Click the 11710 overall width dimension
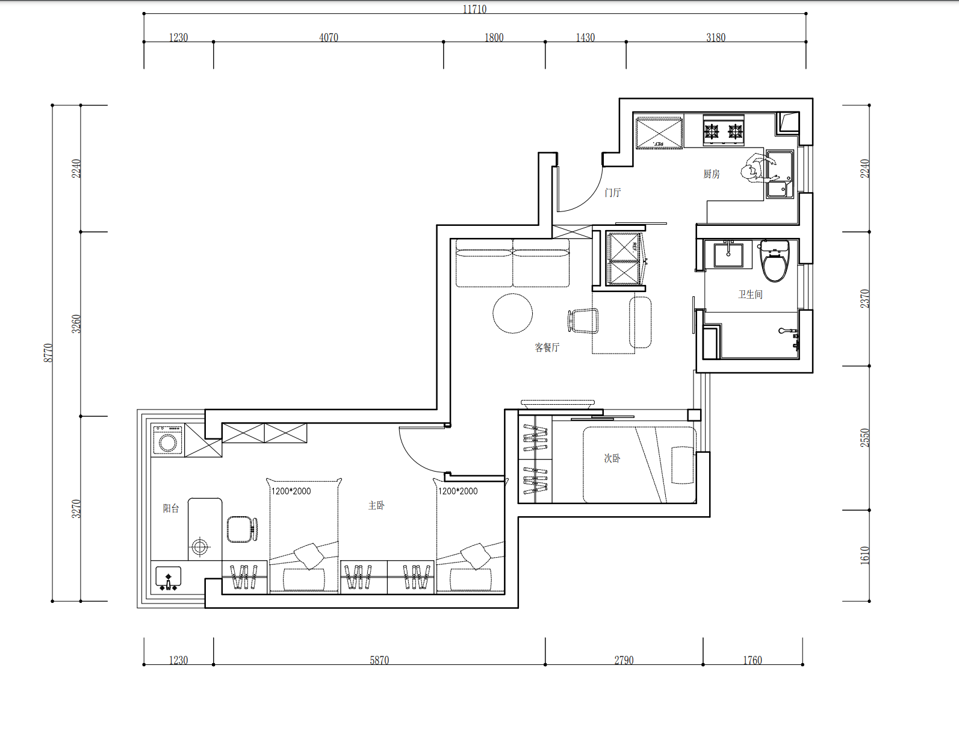(x=474, y=9)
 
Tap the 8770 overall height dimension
(x=48, y=353)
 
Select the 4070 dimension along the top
(x=329, y=37)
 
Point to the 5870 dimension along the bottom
(x=379, y=660)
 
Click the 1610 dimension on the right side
(x=864, y=555)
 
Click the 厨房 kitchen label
(x=712, y=174)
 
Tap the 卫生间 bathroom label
(x=750, y=294)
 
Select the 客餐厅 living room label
(x=547, y=348)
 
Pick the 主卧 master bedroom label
(x=376, y=505)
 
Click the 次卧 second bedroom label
(x=612, y=458)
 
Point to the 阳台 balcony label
(x=171, y=508)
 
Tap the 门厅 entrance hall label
(x=613, y=193)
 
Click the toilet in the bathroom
(x=775, y=261)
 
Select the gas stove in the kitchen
(x=724, y=131)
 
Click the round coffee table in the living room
(x=512, y=313)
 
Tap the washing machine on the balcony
(x=168, y=440)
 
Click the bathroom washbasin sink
(x=728, y=254)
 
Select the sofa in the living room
(x=512, y=263)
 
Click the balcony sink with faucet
(x=168, y=578)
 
